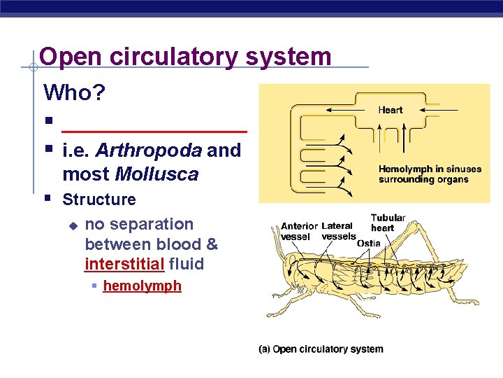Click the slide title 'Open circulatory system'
[x=185, y=56]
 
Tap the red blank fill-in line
[x=154, y=131]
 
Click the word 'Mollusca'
[x=156, y=174]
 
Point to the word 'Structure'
[x=99, y=199]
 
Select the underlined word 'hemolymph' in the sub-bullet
[x=142, y=286]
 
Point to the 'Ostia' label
[x=368, y=243]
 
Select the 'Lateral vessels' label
[x=337, y=231]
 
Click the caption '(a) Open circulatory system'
[x=321, y=349]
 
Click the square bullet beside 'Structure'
[x=48, y=199]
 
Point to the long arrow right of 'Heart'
[x=440, y=110]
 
